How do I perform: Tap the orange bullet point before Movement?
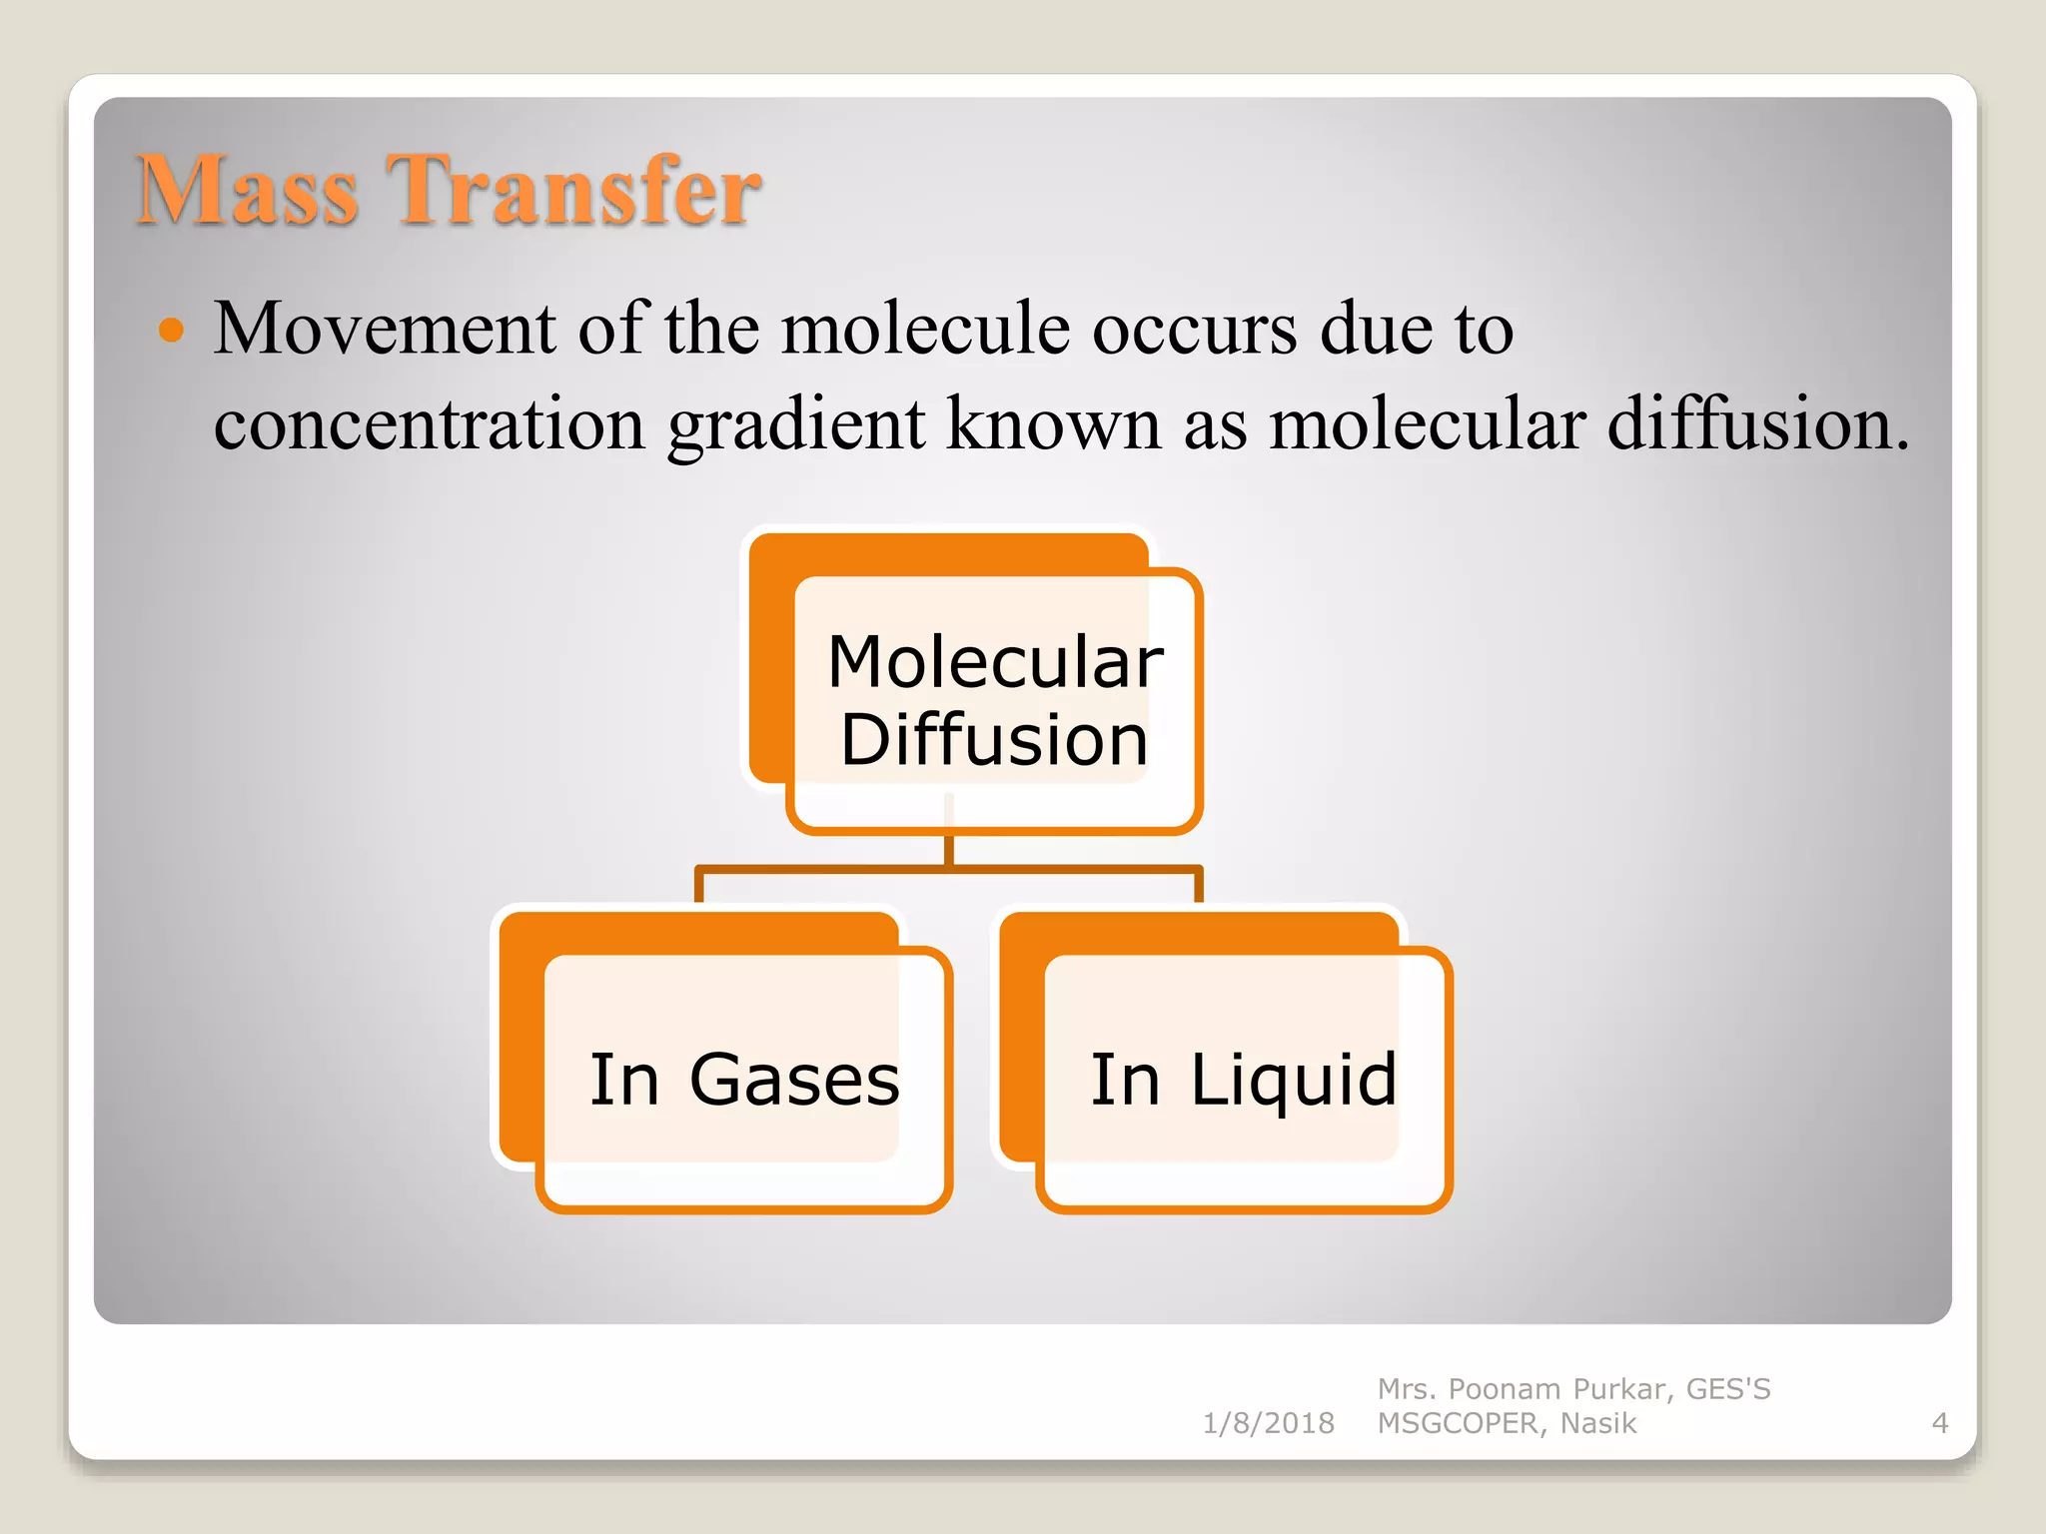pos(172,330)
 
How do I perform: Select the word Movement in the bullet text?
pos(385,330)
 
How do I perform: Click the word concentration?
pos(430,424)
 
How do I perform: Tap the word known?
pos(1053,424)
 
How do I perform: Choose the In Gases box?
pos(744,1080)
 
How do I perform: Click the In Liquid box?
pos(1244,1080)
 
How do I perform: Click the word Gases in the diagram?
pos(794,1080)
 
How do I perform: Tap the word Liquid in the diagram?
pos(1294,1082)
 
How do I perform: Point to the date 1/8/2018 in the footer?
pos(1268,1423)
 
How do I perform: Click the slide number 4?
pos(1940,1423)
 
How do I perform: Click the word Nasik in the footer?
pos(1598,1423)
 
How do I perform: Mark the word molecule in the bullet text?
pos(925,330)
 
